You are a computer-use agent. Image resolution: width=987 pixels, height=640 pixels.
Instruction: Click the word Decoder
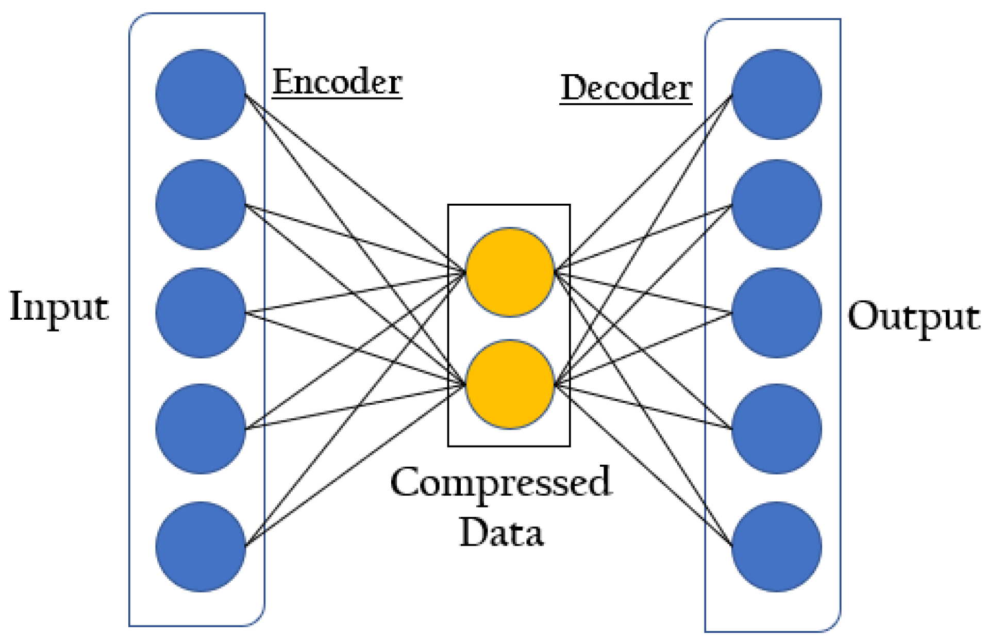[626, 88]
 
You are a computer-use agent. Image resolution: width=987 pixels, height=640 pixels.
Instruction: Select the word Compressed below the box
[500, 483]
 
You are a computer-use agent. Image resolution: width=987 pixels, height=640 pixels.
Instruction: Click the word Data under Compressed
[501, 532]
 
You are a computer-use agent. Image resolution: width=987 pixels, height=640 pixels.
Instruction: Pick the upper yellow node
[509, 272]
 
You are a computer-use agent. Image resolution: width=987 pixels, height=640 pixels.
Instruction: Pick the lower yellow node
[509, 384]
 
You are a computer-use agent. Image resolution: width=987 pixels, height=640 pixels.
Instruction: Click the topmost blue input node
[200, 94]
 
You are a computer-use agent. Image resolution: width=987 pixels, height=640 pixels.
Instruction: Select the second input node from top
[200, 205]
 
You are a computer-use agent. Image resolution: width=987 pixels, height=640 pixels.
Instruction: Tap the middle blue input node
[200, 313]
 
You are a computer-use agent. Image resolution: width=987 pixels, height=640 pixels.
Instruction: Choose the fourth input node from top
[200, 429]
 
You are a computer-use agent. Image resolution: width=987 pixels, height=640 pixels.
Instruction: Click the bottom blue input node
[200, 547]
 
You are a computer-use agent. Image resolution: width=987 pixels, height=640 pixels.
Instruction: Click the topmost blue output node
[776, 94]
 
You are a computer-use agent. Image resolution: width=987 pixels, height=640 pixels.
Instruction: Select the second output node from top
[776, 205]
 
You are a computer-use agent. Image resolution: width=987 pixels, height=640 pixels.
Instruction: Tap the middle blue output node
[776, 313]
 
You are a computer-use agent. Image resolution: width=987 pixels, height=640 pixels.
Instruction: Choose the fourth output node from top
[776, 429]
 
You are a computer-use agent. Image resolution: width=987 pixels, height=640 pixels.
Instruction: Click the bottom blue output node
[776, 547]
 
